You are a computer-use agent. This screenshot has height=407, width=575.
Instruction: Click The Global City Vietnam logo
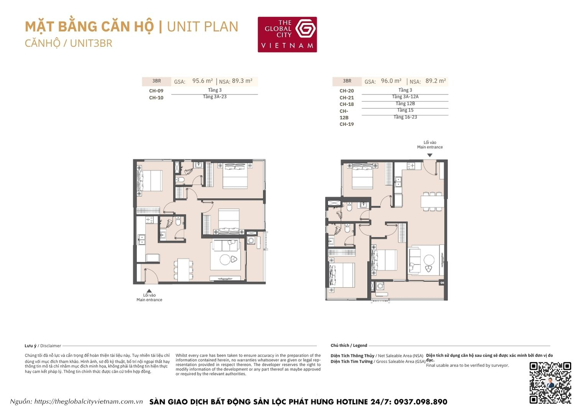[x=287, y=34]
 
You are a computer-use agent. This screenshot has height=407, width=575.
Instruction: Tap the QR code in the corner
[x=550, y=382]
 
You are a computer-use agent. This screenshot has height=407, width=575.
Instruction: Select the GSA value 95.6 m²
[x=202, y=81]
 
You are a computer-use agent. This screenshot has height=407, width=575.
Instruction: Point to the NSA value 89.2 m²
[x=435, y=81]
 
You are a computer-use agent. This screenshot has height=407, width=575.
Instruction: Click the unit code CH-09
[x=156, y=91]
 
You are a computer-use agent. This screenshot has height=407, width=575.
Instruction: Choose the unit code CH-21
[x=347, y=98]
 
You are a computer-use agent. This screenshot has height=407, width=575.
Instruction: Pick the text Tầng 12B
[x=405, y=104]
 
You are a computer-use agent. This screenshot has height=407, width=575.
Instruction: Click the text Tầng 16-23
[x=405, y=117]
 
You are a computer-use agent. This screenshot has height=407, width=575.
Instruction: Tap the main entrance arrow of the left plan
[x=149, y=291]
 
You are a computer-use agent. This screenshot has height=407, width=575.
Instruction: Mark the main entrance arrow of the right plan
[x=430, y=155]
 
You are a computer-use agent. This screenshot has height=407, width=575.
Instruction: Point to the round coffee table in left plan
[x=225, y=260]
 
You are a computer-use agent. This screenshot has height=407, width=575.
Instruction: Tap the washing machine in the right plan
[x=380, y=286]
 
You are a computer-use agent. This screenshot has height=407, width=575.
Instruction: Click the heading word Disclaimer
[x=51, y=346]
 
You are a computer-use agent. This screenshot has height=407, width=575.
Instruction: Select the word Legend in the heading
[x=360, y=346]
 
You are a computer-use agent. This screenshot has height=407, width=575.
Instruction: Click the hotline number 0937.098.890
[x=420, y=402]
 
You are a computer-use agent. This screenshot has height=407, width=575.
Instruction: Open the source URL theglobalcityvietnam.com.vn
[x=88, y=402]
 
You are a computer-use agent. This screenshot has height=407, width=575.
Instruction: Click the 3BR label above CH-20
[x=347, y=81]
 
